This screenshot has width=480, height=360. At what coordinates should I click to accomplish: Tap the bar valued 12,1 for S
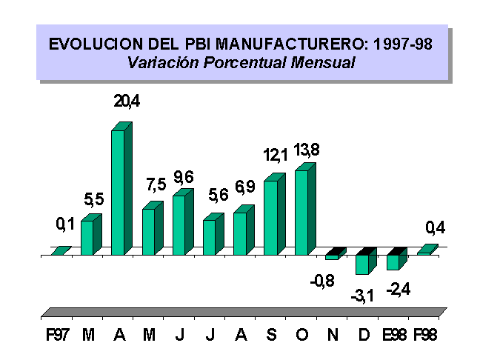[x=271, y=217]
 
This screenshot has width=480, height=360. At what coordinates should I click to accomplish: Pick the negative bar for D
[x=363, y=264]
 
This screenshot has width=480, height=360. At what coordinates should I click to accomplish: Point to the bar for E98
[x=393, y=261]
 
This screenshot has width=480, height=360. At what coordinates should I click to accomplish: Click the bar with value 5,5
[x=87, y=237]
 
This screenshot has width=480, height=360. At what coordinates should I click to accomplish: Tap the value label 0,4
[x=435, y=227]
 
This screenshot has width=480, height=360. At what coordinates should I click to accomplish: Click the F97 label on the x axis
[x=58, y=335]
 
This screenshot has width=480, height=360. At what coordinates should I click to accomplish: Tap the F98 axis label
[x=424, y=335]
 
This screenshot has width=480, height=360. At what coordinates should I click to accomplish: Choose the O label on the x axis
[x=301, y=335]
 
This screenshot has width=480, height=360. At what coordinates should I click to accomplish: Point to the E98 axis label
[x=393, y=335]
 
